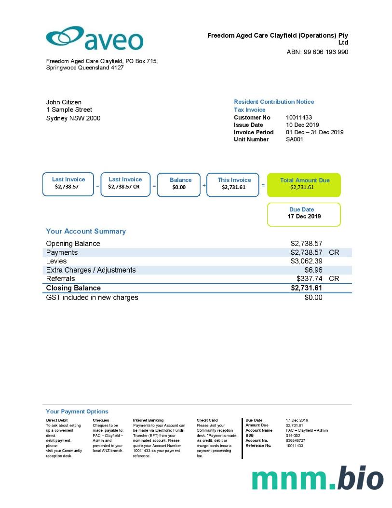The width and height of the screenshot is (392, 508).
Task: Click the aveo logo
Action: pyautogui.click(x=95, y=39)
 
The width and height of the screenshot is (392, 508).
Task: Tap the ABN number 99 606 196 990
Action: pyautogui.click(x=317, y=52)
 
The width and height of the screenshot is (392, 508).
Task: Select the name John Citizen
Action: pyautogui.click(x=64, y=102)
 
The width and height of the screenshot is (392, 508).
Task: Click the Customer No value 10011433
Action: pyautogui.click(x=298, y=118)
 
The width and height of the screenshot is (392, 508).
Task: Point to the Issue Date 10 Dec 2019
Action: pyautogui.click(x=302, y=125)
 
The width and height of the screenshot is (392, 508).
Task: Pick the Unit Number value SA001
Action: pyautogui.click(x=294, y=139)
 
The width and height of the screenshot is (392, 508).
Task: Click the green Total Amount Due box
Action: pyautogui.click(x=304, y=184)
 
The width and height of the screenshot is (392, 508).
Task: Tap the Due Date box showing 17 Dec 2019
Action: pyautogui.click(x=304, y=214)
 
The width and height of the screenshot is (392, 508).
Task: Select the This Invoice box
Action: pyautogui.click(x=234, y=184)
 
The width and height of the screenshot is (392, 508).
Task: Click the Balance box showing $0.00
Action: pyautogui.click(x=179, y=184)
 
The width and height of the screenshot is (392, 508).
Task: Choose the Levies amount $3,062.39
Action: pyautogui.click(x=306, y=261)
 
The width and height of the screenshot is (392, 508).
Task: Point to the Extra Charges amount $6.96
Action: pyautogui.click(x=313, y=270)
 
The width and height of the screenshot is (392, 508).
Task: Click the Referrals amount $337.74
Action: pyautogui.click(x=310, y=279)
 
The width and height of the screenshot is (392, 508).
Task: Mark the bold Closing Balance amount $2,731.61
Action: pyautogui.click(x=306, y=288)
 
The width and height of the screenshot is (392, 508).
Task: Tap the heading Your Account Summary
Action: pyautogui.click(x=86, y=232)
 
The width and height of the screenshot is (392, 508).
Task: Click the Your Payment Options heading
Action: pyautogui.click(x=77, y=412)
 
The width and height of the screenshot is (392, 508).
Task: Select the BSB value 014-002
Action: pyautogui.click(x=293, y=435)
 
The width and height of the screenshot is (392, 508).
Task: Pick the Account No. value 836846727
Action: pyautogui.click(x=295, y=440)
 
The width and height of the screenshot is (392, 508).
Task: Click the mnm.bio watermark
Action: pyautogui.click(x=318, y=478)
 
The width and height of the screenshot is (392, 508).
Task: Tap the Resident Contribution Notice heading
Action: pyautogui.click(x=274, y=102)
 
